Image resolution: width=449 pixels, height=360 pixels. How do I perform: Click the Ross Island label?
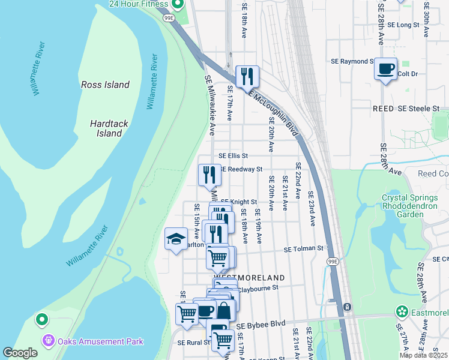point(105,85)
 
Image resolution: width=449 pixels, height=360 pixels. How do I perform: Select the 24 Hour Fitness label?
point(137,4)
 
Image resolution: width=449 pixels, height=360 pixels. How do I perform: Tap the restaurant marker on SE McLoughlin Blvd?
point(247,76)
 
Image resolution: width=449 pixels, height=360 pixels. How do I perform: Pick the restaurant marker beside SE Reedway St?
point(209,175)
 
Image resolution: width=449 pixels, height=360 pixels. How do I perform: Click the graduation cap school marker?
point(176,239)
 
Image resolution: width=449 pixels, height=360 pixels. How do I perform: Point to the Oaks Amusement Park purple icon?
point(49,341)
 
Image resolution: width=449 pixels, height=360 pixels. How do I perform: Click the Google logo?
point(19,352)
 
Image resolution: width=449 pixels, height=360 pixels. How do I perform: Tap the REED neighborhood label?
point(383,109)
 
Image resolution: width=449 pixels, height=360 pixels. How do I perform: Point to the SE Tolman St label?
point(303,248)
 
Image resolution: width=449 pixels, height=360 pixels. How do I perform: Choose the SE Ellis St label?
point(233,155)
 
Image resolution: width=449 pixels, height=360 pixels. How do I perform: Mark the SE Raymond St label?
point(352,61)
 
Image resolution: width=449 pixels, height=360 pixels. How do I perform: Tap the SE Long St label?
point(403,25)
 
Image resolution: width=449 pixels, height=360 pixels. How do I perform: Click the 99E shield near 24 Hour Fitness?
point(169,18)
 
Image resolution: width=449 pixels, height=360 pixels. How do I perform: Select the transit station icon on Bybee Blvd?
point(347,308)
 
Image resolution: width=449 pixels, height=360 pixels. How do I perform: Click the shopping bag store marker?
point(223,311)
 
